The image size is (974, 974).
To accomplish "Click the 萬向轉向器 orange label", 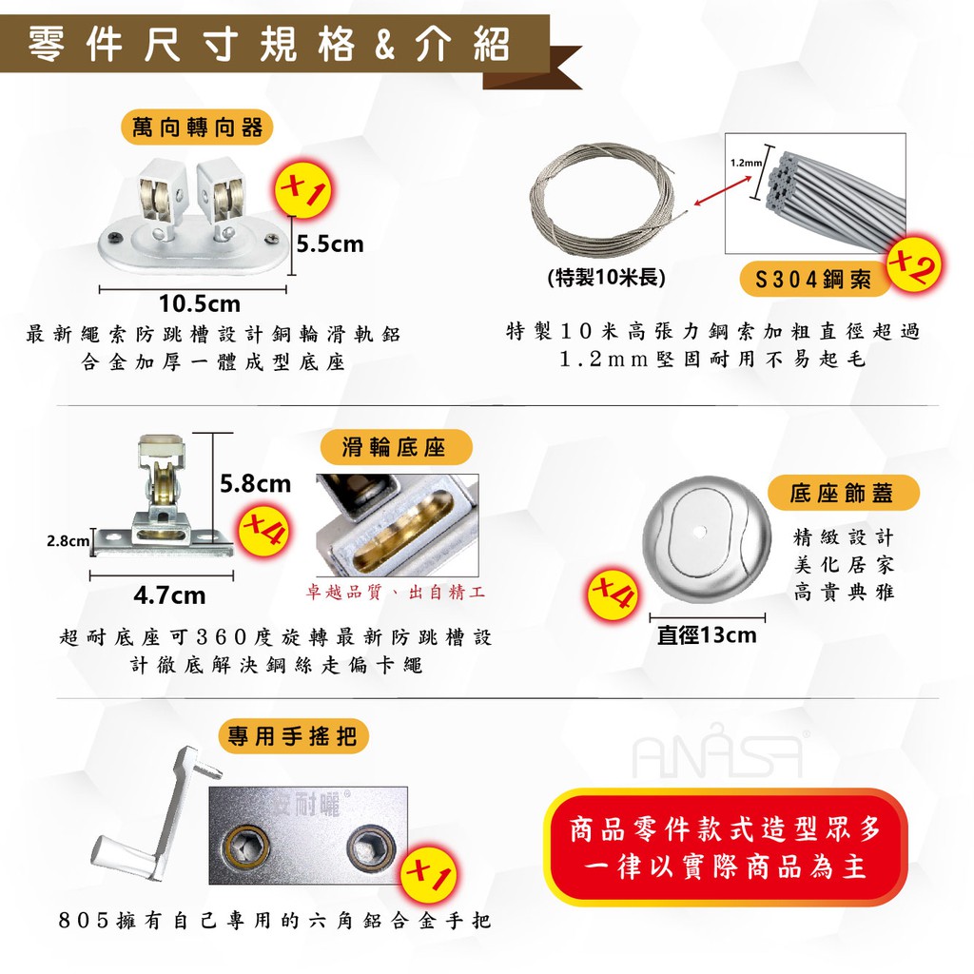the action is coord(197,127).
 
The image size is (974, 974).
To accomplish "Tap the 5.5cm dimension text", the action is coord(330,243).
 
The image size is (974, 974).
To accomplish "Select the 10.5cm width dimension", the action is coord(200,303).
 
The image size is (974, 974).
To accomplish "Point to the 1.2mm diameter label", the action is coord(746,163).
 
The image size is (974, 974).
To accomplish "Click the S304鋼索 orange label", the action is coord(813,280).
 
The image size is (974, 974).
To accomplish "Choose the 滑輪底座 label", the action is coord(395,447).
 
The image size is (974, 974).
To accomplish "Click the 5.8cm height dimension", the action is coord(255,483).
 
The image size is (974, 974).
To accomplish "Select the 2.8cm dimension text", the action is coord(68,541).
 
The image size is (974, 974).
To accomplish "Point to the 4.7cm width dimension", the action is coord(169,595).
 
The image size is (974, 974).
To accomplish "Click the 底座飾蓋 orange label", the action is coord(843,493).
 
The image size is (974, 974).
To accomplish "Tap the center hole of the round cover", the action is coord(699,532).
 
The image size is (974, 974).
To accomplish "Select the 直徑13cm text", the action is coord(707,635).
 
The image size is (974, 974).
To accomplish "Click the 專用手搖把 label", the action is coord(293,737).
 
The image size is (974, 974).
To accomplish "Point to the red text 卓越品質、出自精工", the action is coord(395,592).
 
